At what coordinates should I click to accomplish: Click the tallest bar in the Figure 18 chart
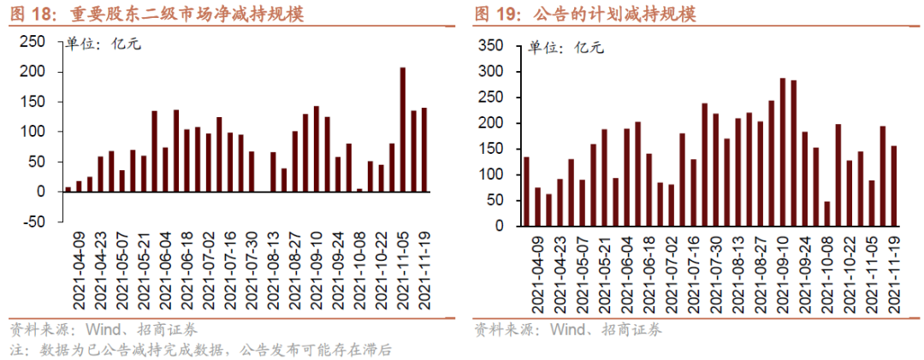[x=403, y=129]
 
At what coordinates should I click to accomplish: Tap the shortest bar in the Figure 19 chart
[x=826, y=214]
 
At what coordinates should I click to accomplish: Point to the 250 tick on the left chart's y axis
[x=32, y=42]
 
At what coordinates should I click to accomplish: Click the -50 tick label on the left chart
[x=34, y=222]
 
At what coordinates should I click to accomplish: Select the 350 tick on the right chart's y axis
[x=495, y=45]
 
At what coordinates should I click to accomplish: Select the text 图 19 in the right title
[x=495, y=15]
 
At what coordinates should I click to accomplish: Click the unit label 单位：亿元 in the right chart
[x=566, y=48]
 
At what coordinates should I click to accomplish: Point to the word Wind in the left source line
[x=102, y=329]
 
